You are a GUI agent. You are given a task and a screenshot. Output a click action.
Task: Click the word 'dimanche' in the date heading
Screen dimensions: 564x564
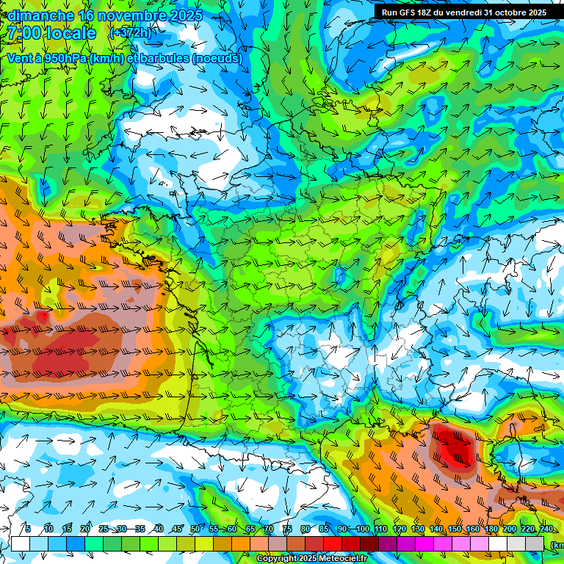(x=36, y=15)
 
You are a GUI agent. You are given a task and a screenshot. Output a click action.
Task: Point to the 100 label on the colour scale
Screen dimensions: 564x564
(x=363, y=529)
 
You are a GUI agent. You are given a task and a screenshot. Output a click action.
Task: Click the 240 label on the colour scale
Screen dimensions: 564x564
(x=546, y=529)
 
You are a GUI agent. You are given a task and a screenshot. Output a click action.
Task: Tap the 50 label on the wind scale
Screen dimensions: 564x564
(x=195, y=529)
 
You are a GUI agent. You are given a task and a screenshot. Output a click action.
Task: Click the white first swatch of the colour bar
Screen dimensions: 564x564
(x=20, y=543)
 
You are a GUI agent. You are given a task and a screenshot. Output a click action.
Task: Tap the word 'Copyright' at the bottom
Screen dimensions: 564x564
(x=277, y=559)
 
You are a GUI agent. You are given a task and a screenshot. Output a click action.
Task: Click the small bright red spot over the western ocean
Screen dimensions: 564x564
(x=43, y=317)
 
